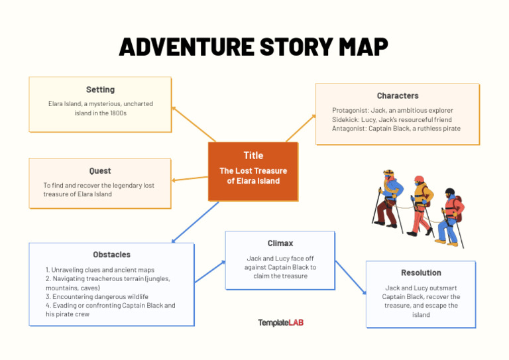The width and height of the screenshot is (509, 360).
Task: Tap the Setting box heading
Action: tap(100, 90)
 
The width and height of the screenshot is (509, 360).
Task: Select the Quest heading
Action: tap(100, 171)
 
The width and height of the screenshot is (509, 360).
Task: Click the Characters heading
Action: tap(398, 96)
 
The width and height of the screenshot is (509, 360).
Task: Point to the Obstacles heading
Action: tap(111, 255)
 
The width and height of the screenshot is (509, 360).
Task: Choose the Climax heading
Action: tap(280, 243)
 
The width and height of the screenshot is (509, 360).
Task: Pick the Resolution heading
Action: tap(421, 272)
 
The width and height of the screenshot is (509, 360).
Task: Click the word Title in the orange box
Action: tap(253, 156)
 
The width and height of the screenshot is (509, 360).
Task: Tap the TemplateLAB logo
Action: tap(280, 323)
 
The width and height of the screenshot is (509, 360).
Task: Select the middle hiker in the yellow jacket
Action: tap(420, 202)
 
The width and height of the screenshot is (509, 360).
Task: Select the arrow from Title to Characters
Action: tap(301, 128)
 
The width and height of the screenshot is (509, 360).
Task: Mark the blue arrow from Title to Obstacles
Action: tap(196, 222)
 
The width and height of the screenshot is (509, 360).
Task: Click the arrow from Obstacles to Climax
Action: tap(209, 272)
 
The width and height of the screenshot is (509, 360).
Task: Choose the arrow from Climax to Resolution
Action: tap(350, 276)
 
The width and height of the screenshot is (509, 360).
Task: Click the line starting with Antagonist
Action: tap(396, 129)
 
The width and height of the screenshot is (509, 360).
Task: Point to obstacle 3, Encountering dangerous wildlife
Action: tap(97, 296)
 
